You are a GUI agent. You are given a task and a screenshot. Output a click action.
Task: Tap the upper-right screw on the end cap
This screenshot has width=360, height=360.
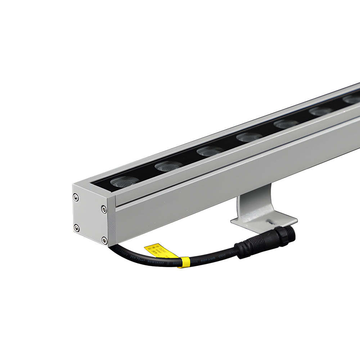coord(104,209)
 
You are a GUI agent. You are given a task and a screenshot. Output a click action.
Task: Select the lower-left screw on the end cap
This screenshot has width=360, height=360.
coord(76,227)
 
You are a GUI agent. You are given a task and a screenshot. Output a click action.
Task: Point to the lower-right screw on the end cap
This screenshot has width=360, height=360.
coord(104,240)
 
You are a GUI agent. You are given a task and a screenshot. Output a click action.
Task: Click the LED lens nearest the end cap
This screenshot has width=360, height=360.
coord(122,182)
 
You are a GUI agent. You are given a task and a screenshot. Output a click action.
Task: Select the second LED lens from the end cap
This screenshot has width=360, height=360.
coord(168,166)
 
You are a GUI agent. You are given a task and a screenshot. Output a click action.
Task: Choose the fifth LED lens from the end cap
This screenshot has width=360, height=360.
coord(286,124)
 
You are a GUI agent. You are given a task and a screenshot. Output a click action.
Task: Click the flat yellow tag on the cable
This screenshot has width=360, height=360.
coord(157,251)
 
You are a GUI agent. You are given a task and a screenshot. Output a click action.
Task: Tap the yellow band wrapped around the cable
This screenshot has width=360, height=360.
coord(184,262)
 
